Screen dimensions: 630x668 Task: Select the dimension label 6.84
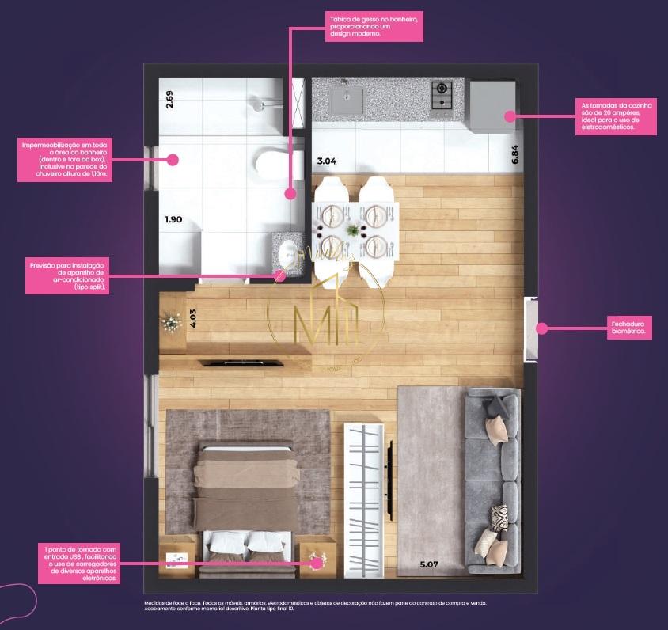pyautogui.click(x=515, y=154)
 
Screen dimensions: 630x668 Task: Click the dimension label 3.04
pyautogui.click(x=326, y=161)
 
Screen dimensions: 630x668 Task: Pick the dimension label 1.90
pyautogui.click(x=173, y=220)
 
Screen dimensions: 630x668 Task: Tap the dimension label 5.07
pyautogui.click(x=428, y=564)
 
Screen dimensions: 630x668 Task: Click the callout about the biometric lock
pyautogui.click(x=631, y=328)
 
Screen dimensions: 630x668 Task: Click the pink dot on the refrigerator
pyautogui.click(x=509, y=116)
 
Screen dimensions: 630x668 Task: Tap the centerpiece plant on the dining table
pyautogui.click(x=351, y=230)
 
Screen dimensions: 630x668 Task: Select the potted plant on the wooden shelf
pyautogui.click(x=170, y=323)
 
